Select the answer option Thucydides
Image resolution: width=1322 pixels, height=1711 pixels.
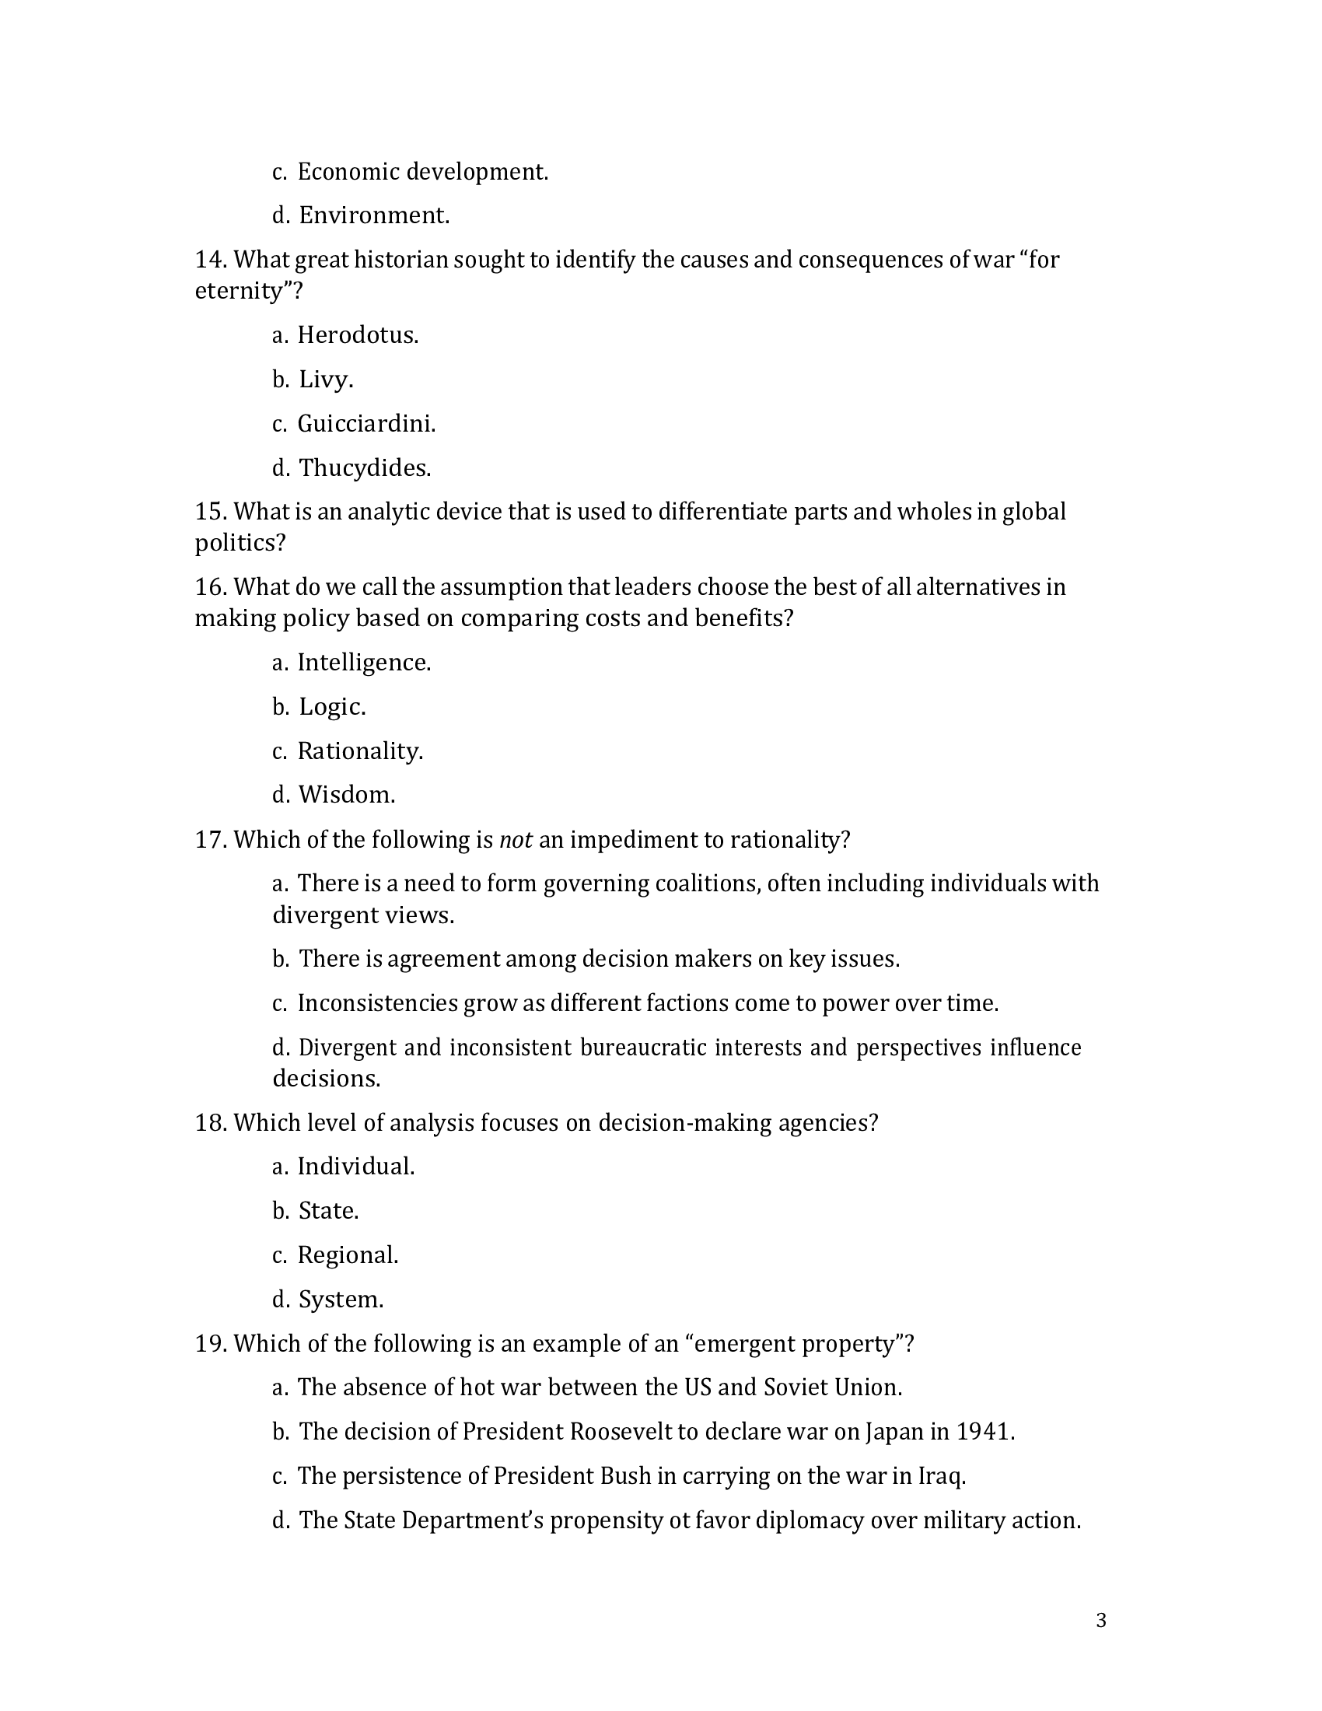(364, 467)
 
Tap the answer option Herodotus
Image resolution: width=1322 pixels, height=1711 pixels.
(358, 335)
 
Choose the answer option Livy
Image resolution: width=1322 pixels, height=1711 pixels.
(326, 380)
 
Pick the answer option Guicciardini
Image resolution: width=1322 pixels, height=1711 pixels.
(365, 424)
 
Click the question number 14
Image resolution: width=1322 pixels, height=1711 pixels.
(211, 259)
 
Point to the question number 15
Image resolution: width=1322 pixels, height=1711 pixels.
(211, 512)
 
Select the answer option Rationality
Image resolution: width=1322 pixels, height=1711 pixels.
(359, 751)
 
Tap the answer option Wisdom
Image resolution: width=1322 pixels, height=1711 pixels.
(346, 794)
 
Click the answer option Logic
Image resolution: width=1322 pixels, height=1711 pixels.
(332, 707)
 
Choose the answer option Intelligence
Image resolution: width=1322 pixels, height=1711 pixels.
(363, 663)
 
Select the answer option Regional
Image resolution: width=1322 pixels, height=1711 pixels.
(348, 1255)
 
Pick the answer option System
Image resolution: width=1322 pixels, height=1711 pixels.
(341, 1300)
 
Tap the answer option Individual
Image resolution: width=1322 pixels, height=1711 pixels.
(355, 1167)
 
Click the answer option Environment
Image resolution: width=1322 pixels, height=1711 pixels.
(373, 215)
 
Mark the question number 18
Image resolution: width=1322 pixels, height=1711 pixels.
(211, 1122)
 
